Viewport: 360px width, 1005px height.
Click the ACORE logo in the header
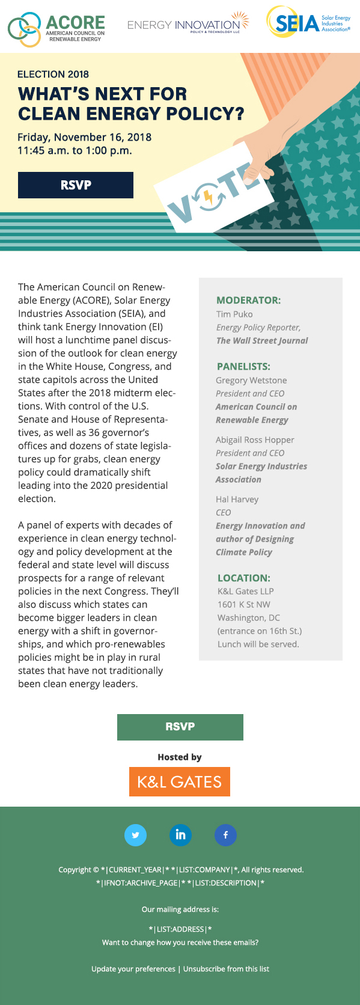point(56,28)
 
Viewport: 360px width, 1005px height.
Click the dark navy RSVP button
point(76,185)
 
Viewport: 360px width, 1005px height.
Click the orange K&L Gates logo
point(180,781)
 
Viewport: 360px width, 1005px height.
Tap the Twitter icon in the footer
point(135,835)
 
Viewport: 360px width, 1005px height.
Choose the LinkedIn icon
point(180,835)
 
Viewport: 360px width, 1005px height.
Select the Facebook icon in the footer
point(225,835)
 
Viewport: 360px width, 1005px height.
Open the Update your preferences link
point(133,969)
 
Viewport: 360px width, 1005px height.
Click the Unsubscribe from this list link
point(226,969)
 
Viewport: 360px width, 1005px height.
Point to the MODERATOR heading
point(249,300)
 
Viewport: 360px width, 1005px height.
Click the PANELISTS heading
point(243,366)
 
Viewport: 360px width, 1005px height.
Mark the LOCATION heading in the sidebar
point(244,578)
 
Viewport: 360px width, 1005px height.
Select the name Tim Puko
point(234,314)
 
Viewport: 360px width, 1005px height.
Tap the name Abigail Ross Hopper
point(255,440)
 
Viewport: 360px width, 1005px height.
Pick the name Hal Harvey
point(237,499)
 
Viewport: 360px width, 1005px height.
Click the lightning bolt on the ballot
point(207,197)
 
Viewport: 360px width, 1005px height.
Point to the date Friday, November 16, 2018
point(84,137)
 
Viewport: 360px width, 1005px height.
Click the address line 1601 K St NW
point(244,605)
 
